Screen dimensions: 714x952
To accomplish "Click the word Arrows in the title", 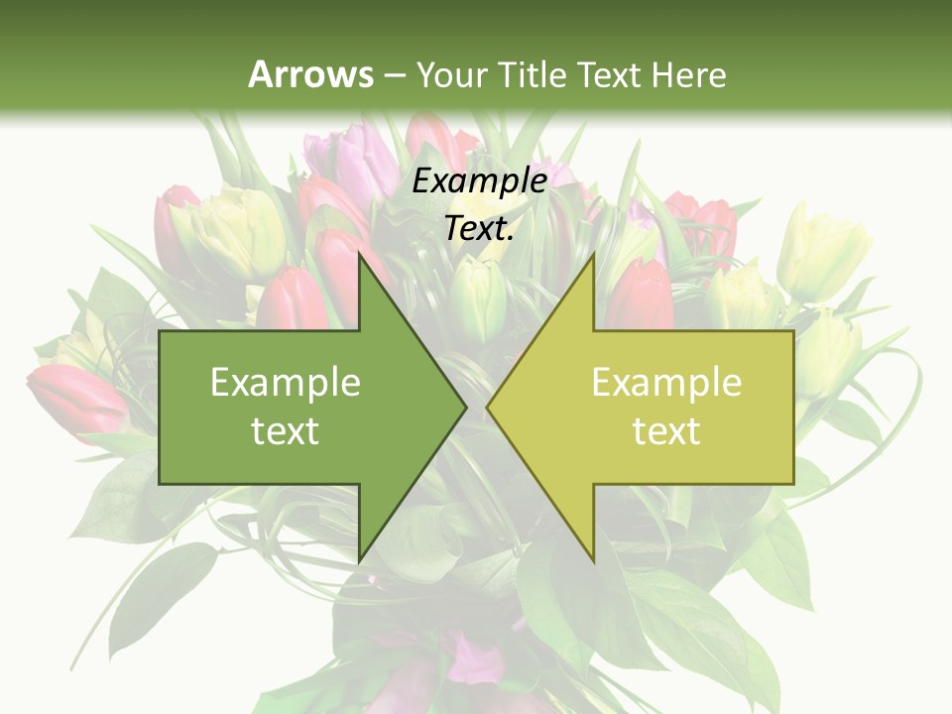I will pos(310,73).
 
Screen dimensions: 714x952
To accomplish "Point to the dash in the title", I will pos(394,75).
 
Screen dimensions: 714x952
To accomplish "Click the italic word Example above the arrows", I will pos(479,180).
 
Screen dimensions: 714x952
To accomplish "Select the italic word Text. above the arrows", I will pos(479,229).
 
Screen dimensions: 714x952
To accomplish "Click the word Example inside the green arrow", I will pos(285,382).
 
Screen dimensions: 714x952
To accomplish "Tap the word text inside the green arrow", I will pos(285,431).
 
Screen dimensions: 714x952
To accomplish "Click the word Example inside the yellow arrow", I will pos(666,382).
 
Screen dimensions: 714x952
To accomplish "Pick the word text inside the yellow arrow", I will pos(666,431).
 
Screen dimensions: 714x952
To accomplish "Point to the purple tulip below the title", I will pos(342,159).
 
